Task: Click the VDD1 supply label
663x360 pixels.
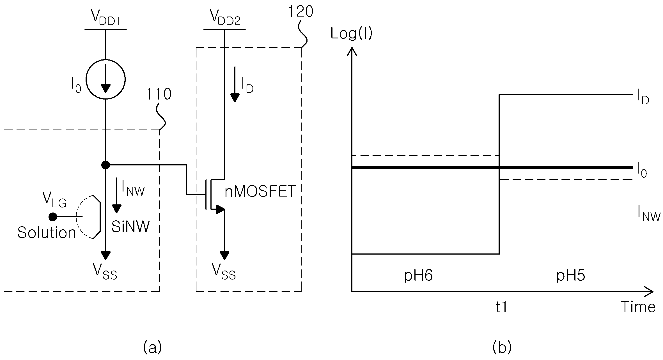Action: click(106, 19)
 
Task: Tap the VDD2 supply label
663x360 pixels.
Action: click(225, 19)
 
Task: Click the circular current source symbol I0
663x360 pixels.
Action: click(105, 79)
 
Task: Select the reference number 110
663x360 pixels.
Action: click(159, 94)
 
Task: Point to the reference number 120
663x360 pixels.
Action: click(300, 12)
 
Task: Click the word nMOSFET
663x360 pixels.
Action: click(260, 192)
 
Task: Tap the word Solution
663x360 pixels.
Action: click(47, 233)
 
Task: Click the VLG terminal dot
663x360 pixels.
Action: click(53, 217)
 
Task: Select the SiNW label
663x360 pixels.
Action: click(130, 227)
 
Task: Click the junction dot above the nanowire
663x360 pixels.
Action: click(105, 165)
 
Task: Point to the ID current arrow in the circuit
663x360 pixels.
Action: click(235, 84)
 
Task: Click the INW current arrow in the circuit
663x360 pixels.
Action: click(116, 195)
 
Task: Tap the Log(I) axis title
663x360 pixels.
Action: click(352, 34)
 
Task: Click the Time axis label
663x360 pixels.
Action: click(638, 307)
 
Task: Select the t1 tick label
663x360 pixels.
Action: click(501, 307)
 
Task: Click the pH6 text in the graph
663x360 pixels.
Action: click(418, 276)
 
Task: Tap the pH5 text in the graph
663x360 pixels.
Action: click(571, 276)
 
